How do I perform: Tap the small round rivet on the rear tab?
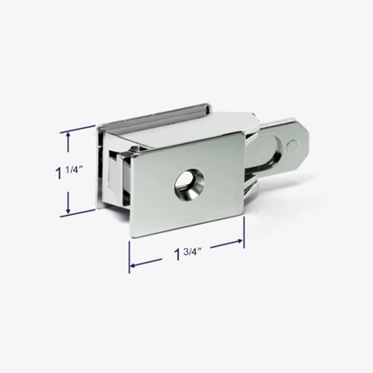pos(292,146)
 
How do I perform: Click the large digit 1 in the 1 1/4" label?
pos(59,173)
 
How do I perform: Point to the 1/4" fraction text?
pos(73,170)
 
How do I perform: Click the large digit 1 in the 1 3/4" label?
pos(178,254)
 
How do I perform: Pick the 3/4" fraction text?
pos(192,252)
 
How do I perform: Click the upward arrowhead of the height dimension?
pos(68,135)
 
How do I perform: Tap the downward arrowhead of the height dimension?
pos(68,210)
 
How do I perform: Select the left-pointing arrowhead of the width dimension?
pos(133,265)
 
